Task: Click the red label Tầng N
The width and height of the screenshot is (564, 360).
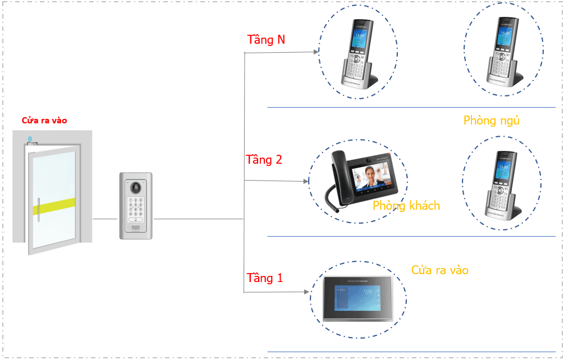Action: [x=266, y=40]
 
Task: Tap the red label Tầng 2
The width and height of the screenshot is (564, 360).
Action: [x=264, y=160]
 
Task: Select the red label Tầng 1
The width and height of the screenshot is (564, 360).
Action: [x=265, y=278]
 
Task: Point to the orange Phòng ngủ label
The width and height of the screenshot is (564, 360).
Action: [x=492, y=121]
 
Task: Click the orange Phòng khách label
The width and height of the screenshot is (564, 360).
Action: [x=406, y=206]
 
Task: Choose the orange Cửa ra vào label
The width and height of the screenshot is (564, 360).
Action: [x=439, y=270]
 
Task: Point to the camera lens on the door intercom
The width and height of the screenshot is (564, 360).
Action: [x=135, y=187]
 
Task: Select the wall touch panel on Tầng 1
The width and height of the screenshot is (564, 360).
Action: [x=357, y=297]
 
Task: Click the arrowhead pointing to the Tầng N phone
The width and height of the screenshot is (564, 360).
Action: [x=315, y=52]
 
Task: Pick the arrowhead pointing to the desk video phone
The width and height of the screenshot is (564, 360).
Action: [x=306, y=182]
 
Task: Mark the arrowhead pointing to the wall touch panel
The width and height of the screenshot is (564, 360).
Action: [x=306, y=292]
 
